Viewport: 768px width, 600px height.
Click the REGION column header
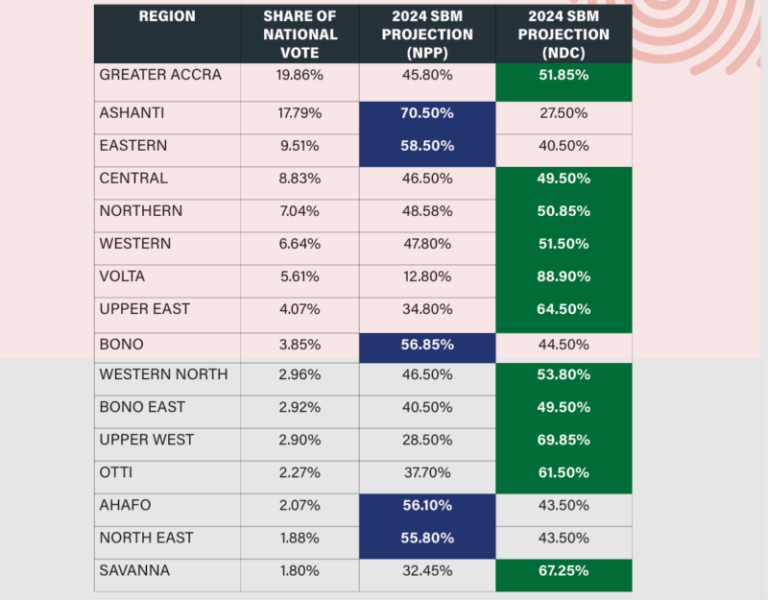tap(166, 17)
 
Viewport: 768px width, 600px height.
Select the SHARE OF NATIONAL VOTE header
tap(299, 35)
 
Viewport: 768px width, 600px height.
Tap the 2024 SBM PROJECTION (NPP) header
tap(426, 35)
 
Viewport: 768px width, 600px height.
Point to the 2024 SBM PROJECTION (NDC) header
tap(563, 35)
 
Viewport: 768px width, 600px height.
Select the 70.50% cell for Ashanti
tap(426, 113)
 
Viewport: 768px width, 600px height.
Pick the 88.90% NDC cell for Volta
tap(563, 276)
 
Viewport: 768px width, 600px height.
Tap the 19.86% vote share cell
tap(299, 74)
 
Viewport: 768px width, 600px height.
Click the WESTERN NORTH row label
tap(163, 374)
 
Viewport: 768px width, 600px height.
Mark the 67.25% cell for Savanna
tap(563, 570)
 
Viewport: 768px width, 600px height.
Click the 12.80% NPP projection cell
tap(426, 276)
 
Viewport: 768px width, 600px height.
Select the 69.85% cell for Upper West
tap(563, 440)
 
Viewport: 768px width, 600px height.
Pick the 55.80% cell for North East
tap(426, 538)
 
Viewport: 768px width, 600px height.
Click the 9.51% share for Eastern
tap(299, 146)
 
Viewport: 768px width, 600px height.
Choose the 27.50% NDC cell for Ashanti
tap(563, 113)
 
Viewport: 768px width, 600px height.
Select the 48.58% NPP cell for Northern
tap(426, 211)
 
